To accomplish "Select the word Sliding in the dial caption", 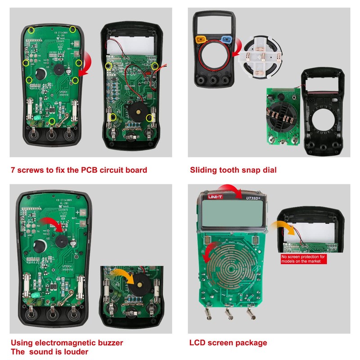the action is point(203,170).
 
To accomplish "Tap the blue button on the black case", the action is point(227,40).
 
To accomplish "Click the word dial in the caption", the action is point(269,170).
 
